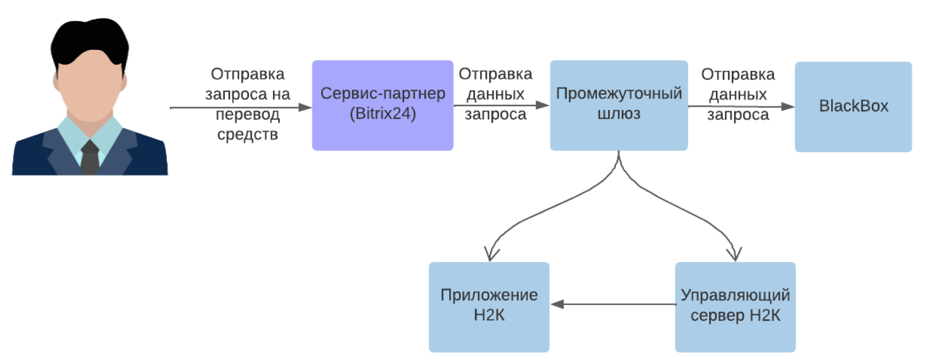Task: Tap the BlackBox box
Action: (853, 129)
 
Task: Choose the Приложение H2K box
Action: (489, 335)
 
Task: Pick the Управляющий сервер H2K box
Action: (735, 335)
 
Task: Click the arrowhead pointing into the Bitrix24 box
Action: (305, 107)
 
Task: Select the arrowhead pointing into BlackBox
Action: (788, 106)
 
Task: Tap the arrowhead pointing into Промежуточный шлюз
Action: (542, 105)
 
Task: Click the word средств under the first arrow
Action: (248, 135)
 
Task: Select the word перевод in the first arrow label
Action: (248, 114)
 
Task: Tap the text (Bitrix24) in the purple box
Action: (383, 114)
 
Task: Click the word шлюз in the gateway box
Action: (619, 114)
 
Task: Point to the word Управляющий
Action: (735, 295)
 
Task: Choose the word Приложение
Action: (489, 295)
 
